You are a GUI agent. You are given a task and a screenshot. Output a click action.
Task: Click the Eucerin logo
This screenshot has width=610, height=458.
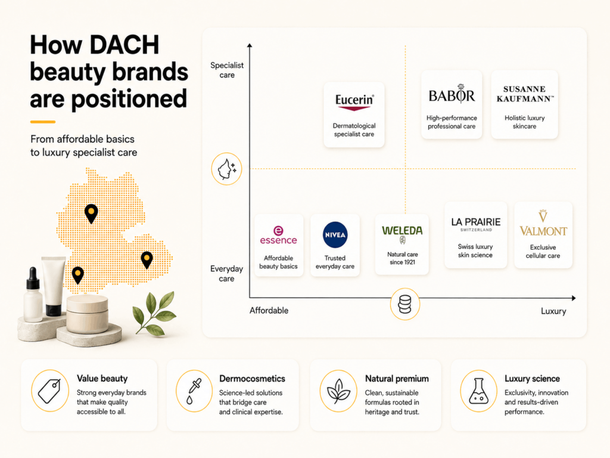(x=354, y=103)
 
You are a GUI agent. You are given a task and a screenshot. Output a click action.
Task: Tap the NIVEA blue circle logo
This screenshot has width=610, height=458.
(x=335, y=235)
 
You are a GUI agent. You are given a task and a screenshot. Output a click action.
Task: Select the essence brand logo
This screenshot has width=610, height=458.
(x=278, y=235)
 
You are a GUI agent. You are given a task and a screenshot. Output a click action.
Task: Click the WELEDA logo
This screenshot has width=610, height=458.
(x=402, y=234)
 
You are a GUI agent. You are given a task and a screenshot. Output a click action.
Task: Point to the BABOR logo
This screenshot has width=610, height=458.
(x=452, y=94)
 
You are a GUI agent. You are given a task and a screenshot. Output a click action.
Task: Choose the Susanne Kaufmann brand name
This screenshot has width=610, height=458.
(x=524, y=94)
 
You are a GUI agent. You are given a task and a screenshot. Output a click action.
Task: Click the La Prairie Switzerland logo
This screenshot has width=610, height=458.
(x=476, y=224)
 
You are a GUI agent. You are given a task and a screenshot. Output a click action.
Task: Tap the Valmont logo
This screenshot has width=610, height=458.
(x=543, y=223)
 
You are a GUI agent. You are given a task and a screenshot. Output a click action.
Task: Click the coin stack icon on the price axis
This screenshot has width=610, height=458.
(x=405, y=304)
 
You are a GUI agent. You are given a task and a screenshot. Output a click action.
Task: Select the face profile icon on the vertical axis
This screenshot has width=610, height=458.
(x=226, y=169)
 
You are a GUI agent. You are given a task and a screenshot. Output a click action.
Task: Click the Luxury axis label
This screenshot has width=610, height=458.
(x=553, y=311)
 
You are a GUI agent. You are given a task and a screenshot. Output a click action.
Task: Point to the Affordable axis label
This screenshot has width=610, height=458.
(x=269, y=310)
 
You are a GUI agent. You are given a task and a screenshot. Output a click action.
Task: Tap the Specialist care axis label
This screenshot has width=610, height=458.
(x=227, y=70)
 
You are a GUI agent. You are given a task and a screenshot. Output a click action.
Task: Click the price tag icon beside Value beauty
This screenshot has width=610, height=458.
(x=50, y=391)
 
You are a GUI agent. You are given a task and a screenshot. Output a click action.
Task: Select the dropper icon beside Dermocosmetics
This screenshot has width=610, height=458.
(x=194, y=391)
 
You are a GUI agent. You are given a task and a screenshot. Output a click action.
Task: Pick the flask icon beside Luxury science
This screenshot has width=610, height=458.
(x=478, y=391)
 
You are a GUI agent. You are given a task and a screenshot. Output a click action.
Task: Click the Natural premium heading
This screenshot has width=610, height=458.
(x=397, y=379)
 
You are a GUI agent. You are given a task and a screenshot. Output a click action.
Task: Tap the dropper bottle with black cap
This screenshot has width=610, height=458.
(x=33, y=295)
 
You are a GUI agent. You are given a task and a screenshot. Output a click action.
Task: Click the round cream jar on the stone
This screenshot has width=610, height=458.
(x=87, y=314)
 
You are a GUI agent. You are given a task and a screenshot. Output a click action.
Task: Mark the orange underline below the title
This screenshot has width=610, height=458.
(x=43, y=122)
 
